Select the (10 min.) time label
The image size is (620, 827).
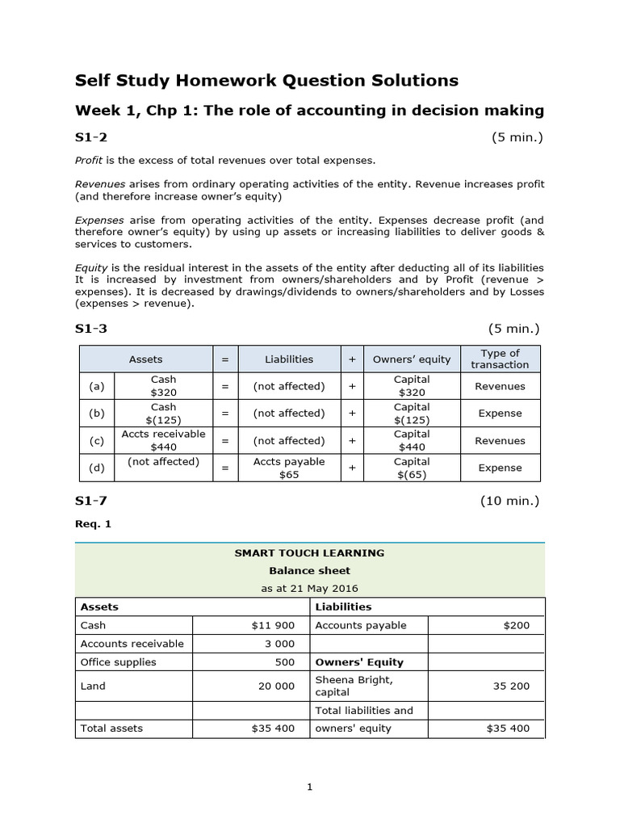pos(510,501)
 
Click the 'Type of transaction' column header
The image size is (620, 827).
pos(500,359)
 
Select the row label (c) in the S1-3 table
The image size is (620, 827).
pos(97,441)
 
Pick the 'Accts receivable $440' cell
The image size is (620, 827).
pos(163,441)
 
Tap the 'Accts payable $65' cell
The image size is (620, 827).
pos(289,468)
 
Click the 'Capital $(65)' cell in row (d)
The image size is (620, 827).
pos(412,468)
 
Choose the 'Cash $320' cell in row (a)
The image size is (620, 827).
pos(163,386)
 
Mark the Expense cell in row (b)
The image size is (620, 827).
pos(500,413)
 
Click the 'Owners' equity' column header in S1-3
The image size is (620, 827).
pos(412,359)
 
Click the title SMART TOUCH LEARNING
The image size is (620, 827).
pos(309,553)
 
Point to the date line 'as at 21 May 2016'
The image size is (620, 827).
pos(309,588)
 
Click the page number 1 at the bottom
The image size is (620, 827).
pos(309,789)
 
